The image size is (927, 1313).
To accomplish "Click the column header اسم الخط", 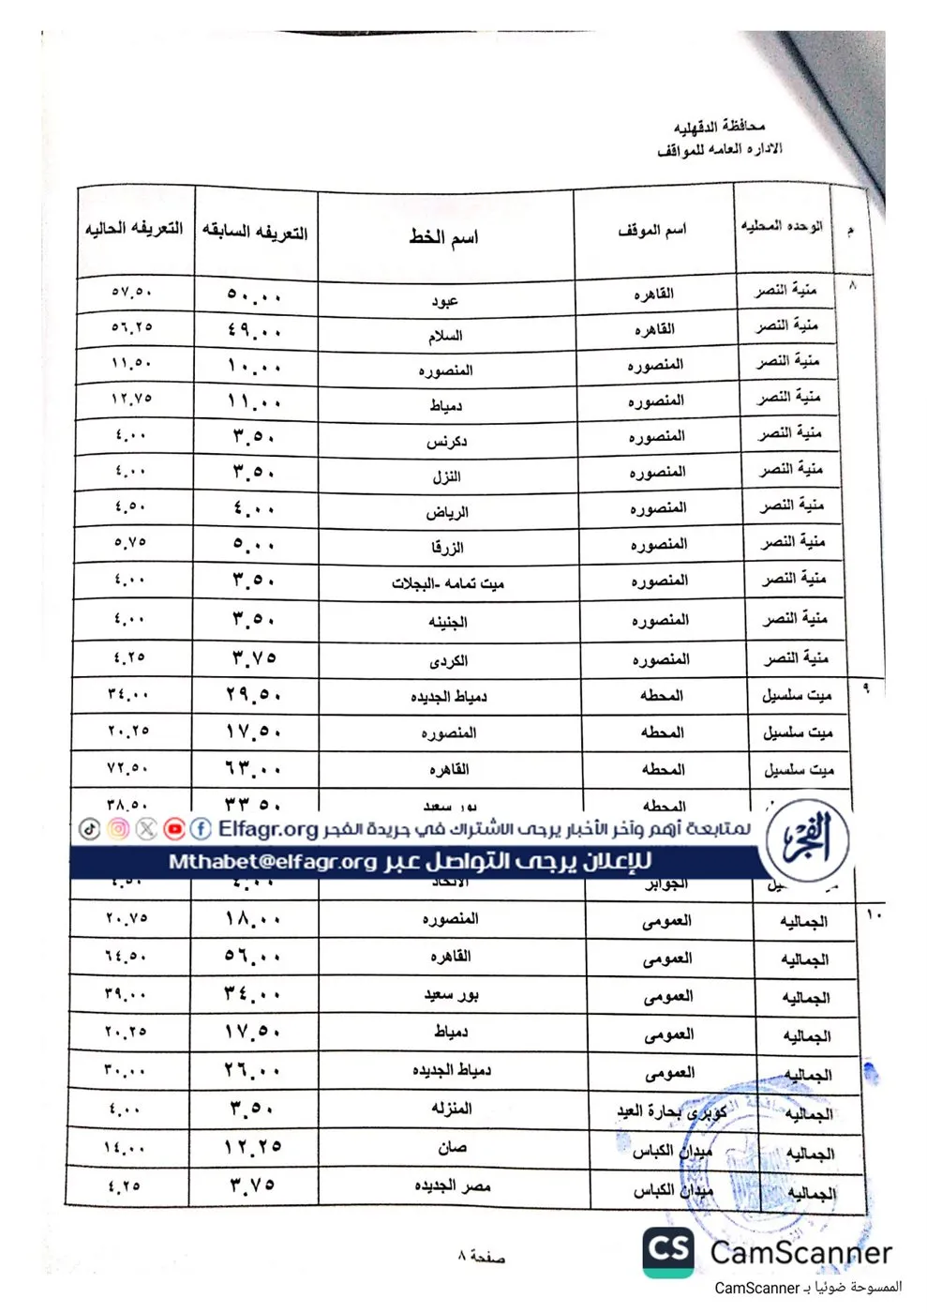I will point(443,237).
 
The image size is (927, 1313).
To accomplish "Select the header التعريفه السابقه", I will point(255,233).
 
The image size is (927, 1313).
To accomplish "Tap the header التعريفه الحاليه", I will point(134,229).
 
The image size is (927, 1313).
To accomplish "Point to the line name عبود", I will point(444,301).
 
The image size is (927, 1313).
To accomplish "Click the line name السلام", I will point(445,336).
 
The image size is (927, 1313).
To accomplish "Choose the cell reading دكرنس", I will point(446,441).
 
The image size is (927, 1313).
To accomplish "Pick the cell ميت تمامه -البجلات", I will point(448,583).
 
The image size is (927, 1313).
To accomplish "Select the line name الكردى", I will point(448,660).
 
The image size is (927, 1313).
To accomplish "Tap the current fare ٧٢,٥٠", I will point(128,768).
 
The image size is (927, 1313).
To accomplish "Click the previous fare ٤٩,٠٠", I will point(254,330).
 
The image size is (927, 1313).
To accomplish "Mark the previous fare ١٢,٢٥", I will point(253,1147).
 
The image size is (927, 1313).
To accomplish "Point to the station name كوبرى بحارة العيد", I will point(671,1112).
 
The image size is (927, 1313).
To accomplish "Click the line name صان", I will point(452,1147).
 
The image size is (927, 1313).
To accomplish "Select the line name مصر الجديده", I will point(453,1186).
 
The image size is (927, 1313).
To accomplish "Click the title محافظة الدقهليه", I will point(719,126).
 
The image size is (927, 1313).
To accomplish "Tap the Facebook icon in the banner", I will point(201,829).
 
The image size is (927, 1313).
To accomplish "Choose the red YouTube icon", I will point(174,829).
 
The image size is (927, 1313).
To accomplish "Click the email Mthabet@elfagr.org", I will point(273,862).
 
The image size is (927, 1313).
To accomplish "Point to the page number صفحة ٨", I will point(481,1256).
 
